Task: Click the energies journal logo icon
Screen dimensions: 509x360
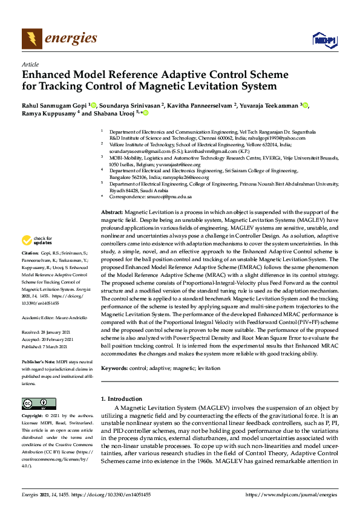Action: [31, 39]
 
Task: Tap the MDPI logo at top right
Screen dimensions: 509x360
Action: [324, 40]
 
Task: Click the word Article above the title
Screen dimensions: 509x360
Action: [30, 64]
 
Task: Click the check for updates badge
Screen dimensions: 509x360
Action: [36, 241]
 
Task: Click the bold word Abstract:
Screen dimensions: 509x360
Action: [112, 213]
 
